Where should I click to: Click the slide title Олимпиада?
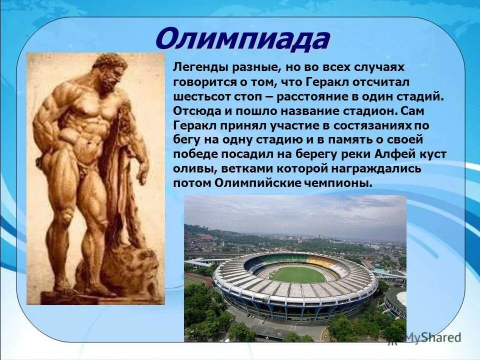pyautogui.click(x=242, y=39)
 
